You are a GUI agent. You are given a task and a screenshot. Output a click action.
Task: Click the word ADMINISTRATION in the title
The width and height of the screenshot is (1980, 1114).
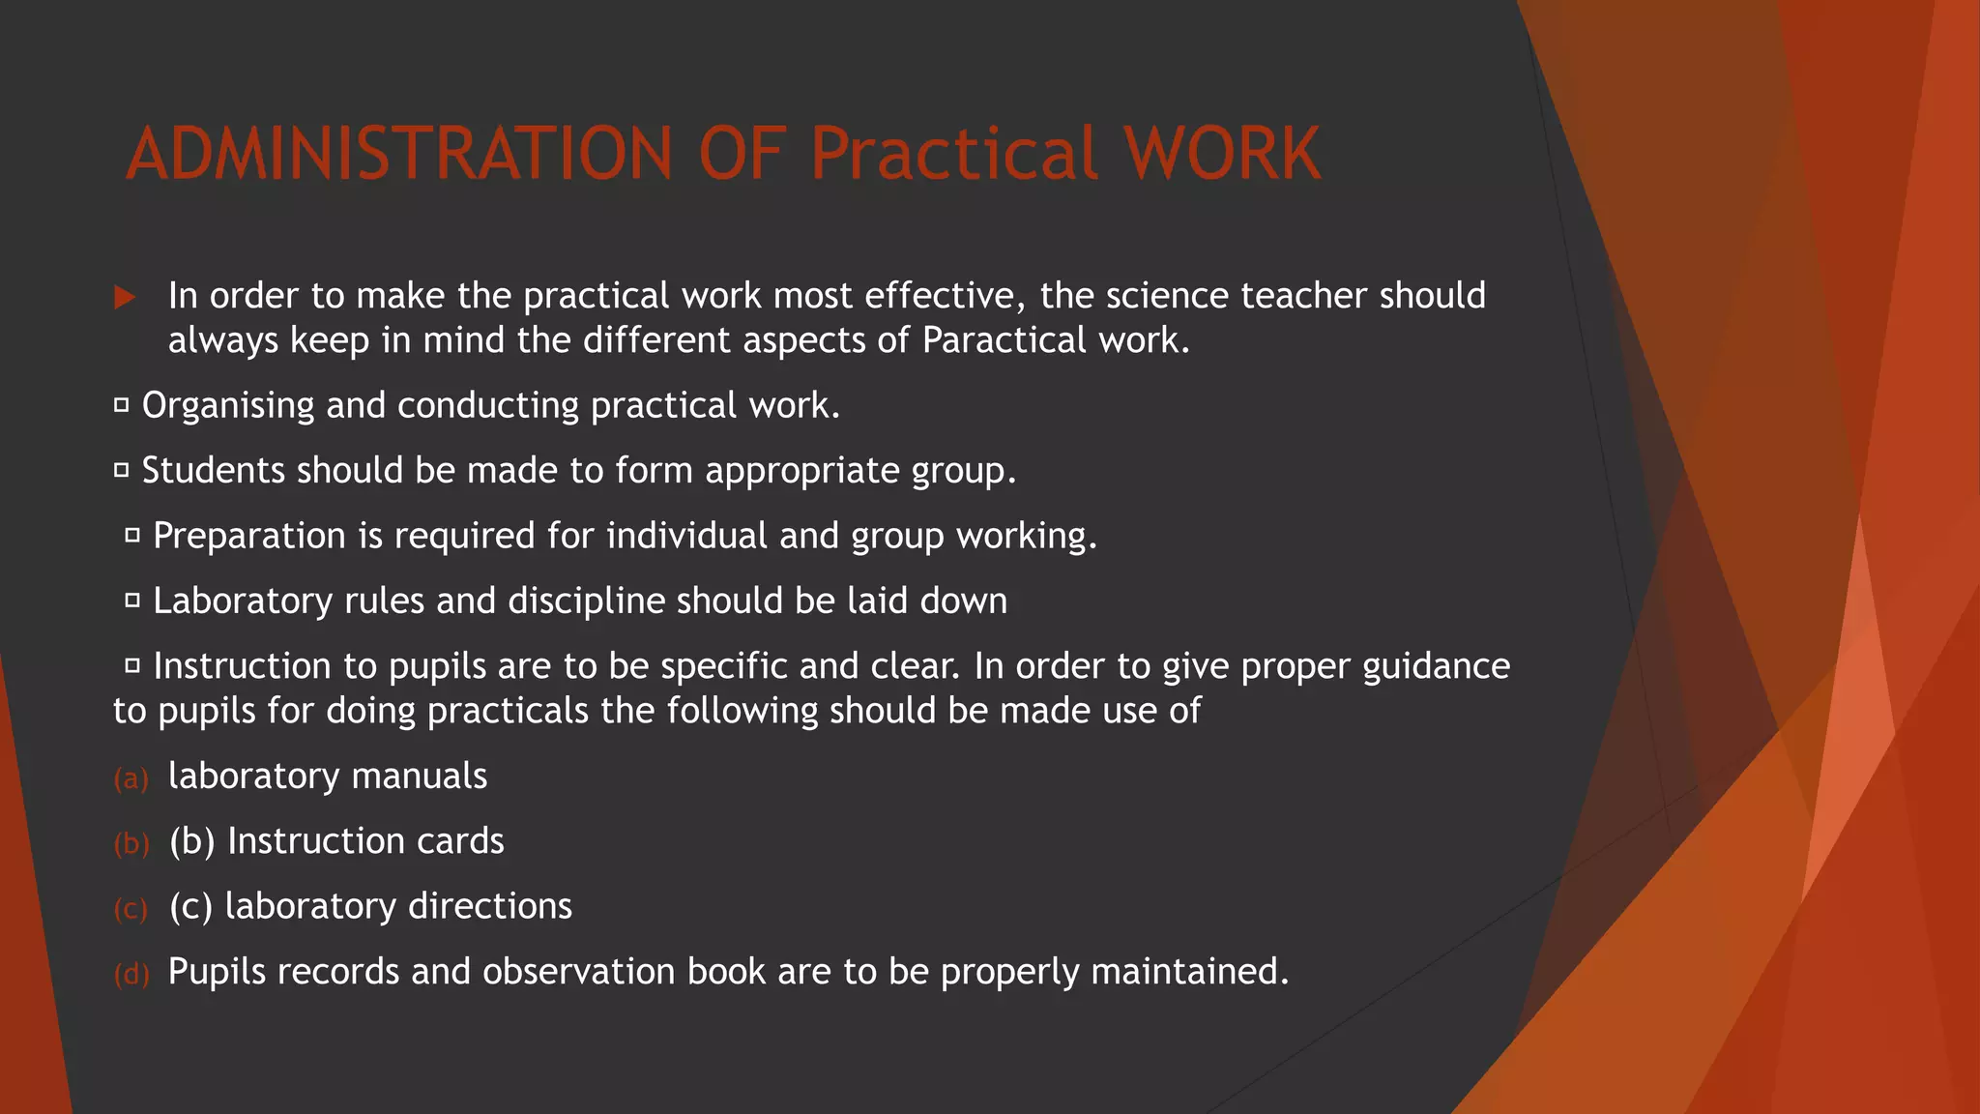[x=398, y=154]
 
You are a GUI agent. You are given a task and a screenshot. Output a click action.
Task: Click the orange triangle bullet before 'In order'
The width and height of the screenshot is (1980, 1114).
[x=124, y=297]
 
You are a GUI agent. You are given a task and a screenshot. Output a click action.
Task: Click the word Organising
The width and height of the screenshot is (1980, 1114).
[x=228, y=406]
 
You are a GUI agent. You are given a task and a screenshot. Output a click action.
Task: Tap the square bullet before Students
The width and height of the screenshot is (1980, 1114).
[x=122, y=471]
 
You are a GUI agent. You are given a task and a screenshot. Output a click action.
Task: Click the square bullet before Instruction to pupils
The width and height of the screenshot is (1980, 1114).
[x=133, y=665]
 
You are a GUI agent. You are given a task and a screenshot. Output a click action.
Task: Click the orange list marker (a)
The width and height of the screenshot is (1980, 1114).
[x=131, y=778]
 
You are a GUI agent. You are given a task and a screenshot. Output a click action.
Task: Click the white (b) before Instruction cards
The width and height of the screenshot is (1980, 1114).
[x=191, y=841]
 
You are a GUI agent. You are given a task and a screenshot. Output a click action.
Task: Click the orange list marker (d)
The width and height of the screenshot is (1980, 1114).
[x=131, y=974]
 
